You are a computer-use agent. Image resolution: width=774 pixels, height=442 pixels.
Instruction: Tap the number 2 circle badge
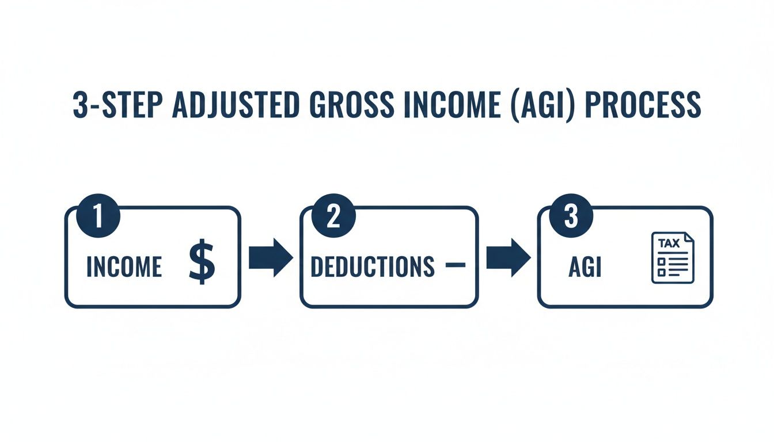333,220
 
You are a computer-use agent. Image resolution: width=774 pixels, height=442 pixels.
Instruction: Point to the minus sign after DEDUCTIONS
455,265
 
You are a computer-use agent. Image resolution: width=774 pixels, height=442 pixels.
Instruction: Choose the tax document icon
673,257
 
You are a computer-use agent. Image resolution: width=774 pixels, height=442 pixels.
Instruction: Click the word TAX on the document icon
669,243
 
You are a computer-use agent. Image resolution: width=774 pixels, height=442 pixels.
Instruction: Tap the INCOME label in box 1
124,267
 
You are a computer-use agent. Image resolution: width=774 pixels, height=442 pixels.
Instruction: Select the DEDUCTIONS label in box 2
372,266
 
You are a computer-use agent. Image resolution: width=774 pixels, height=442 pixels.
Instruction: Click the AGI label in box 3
585,267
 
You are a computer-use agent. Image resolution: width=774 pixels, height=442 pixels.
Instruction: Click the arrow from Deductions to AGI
507,258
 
